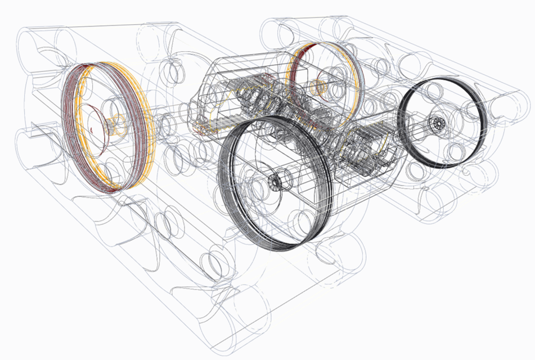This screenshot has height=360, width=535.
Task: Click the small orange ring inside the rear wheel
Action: click(x=318, y=87)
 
